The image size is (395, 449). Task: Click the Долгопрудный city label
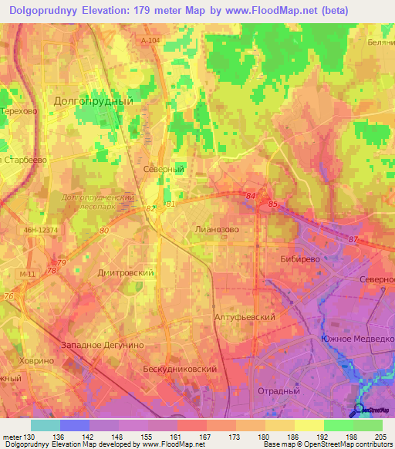(94, 101)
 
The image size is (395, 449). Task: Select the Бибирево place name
(300, 259)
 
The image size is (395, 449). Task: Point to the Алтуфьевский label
(245, 317)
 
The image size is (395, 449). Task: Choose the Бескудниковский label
(180, 370)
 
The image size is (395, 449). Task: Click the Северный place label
(163, 168)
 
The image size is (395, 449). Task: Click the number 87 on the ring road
(353, 241)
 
